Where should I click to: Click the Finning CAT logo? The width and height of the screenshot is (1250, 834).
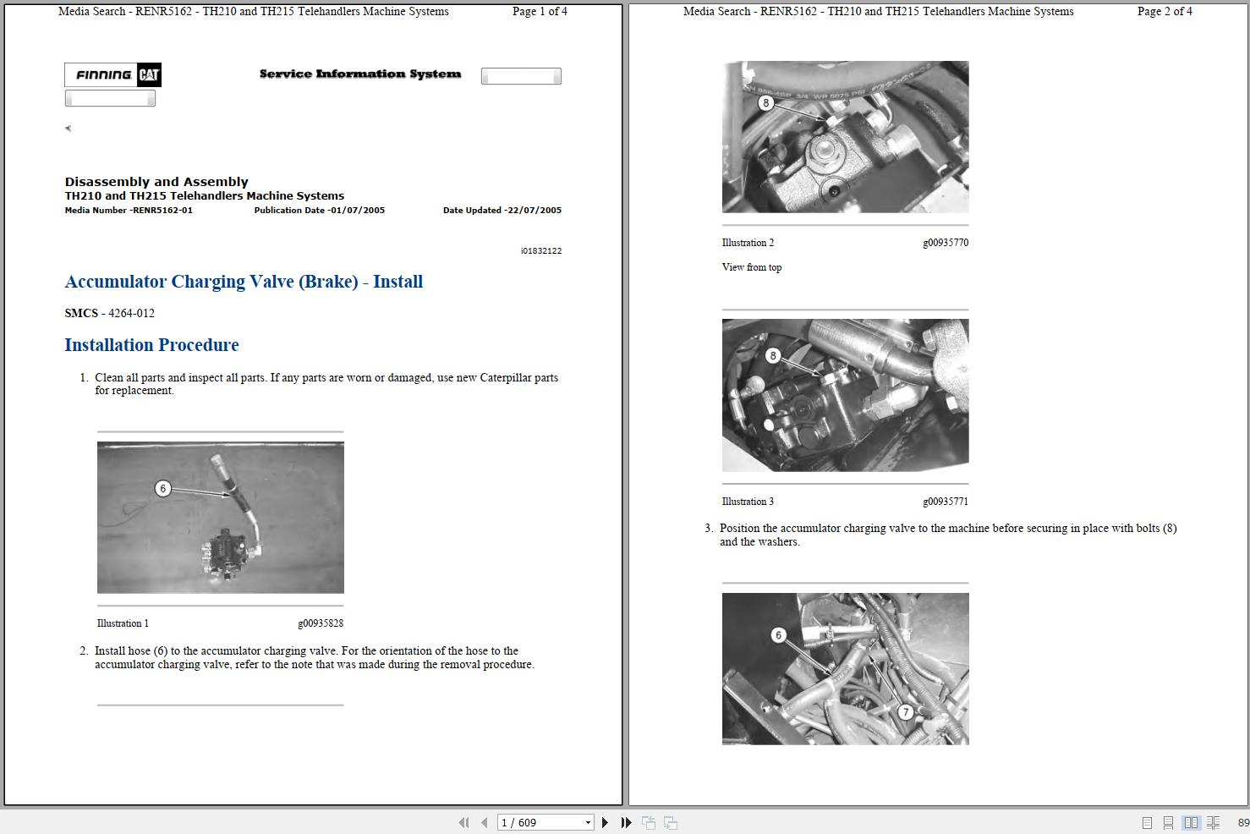tap(112, 75)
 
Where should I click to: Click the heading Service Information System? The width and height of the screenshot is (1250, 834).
tap(360, 74)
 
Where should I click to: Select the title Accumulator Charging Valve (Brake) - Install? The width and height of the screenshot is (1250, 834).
tap(244, 282)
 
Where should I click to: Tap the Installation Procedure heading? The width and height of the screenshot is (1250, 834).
tap(151, 345)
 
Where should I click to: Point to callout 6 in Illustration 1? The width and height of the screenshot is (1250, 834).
tap(163, 488)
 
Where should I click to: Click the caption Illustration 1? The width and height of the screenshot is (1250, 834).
tap(123, 623)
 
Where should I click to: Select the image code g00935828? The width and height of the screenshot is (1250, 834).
tap(320, 623)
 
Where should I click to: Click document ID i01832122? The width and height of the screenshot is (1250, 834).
tap(540, 251)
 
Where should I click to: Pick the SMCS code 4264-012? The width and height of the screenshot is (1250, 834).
tap(131, 313)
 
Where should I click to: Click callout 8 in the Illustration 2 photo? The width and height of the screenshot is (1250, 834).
tap(765, 103)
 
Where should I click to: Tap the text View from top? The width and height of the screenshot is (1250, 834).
tap(751, 267)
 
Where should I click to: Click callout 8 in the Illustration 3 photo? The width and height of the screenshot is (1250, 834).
tap(771, 356)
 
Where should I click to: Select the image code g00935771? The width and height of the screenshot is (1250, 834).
tap(945, 502)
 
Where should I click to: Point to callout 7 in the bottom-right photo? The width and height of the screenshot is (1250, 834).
tap(905, 712)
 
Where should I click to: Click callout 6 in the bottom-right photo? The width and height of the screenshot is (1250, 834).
tap(778, 635)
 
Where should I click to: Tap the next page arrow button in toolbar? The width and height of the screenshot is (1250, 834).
tap(605, 822)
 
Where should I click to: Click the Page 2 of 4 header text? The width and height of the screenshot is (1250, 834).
tap(1164, 12)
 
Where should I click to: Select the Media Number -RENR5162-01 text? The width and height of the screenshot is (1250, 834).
tap(129, 211)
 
